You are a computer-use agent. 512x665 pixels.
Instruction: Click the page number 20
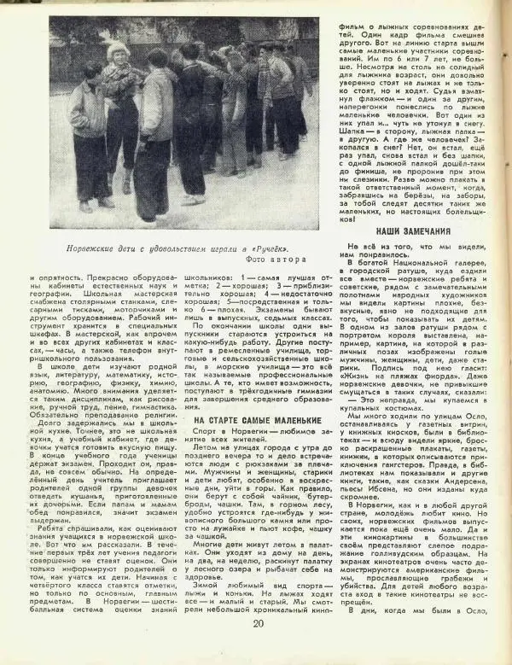(x=258, y=645)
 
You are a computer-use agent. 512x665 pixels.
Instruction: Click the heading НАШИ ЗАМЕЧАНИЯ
(x=412, y=231)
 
